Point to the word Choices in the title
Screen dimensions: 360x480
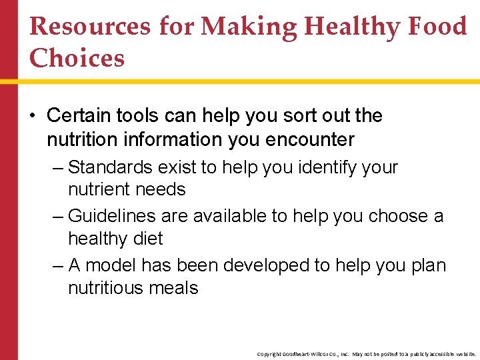pyautogui.click(x=77, y=58)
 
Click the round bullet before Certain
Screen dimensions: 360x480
pyautogui.click(x=33, y=117)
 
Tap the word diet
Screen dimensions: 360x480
pyautogui.click(x=148, y=239)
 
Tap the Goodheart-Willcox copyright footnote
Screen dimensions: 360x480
pyautogui.click(x=367, y=354)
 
